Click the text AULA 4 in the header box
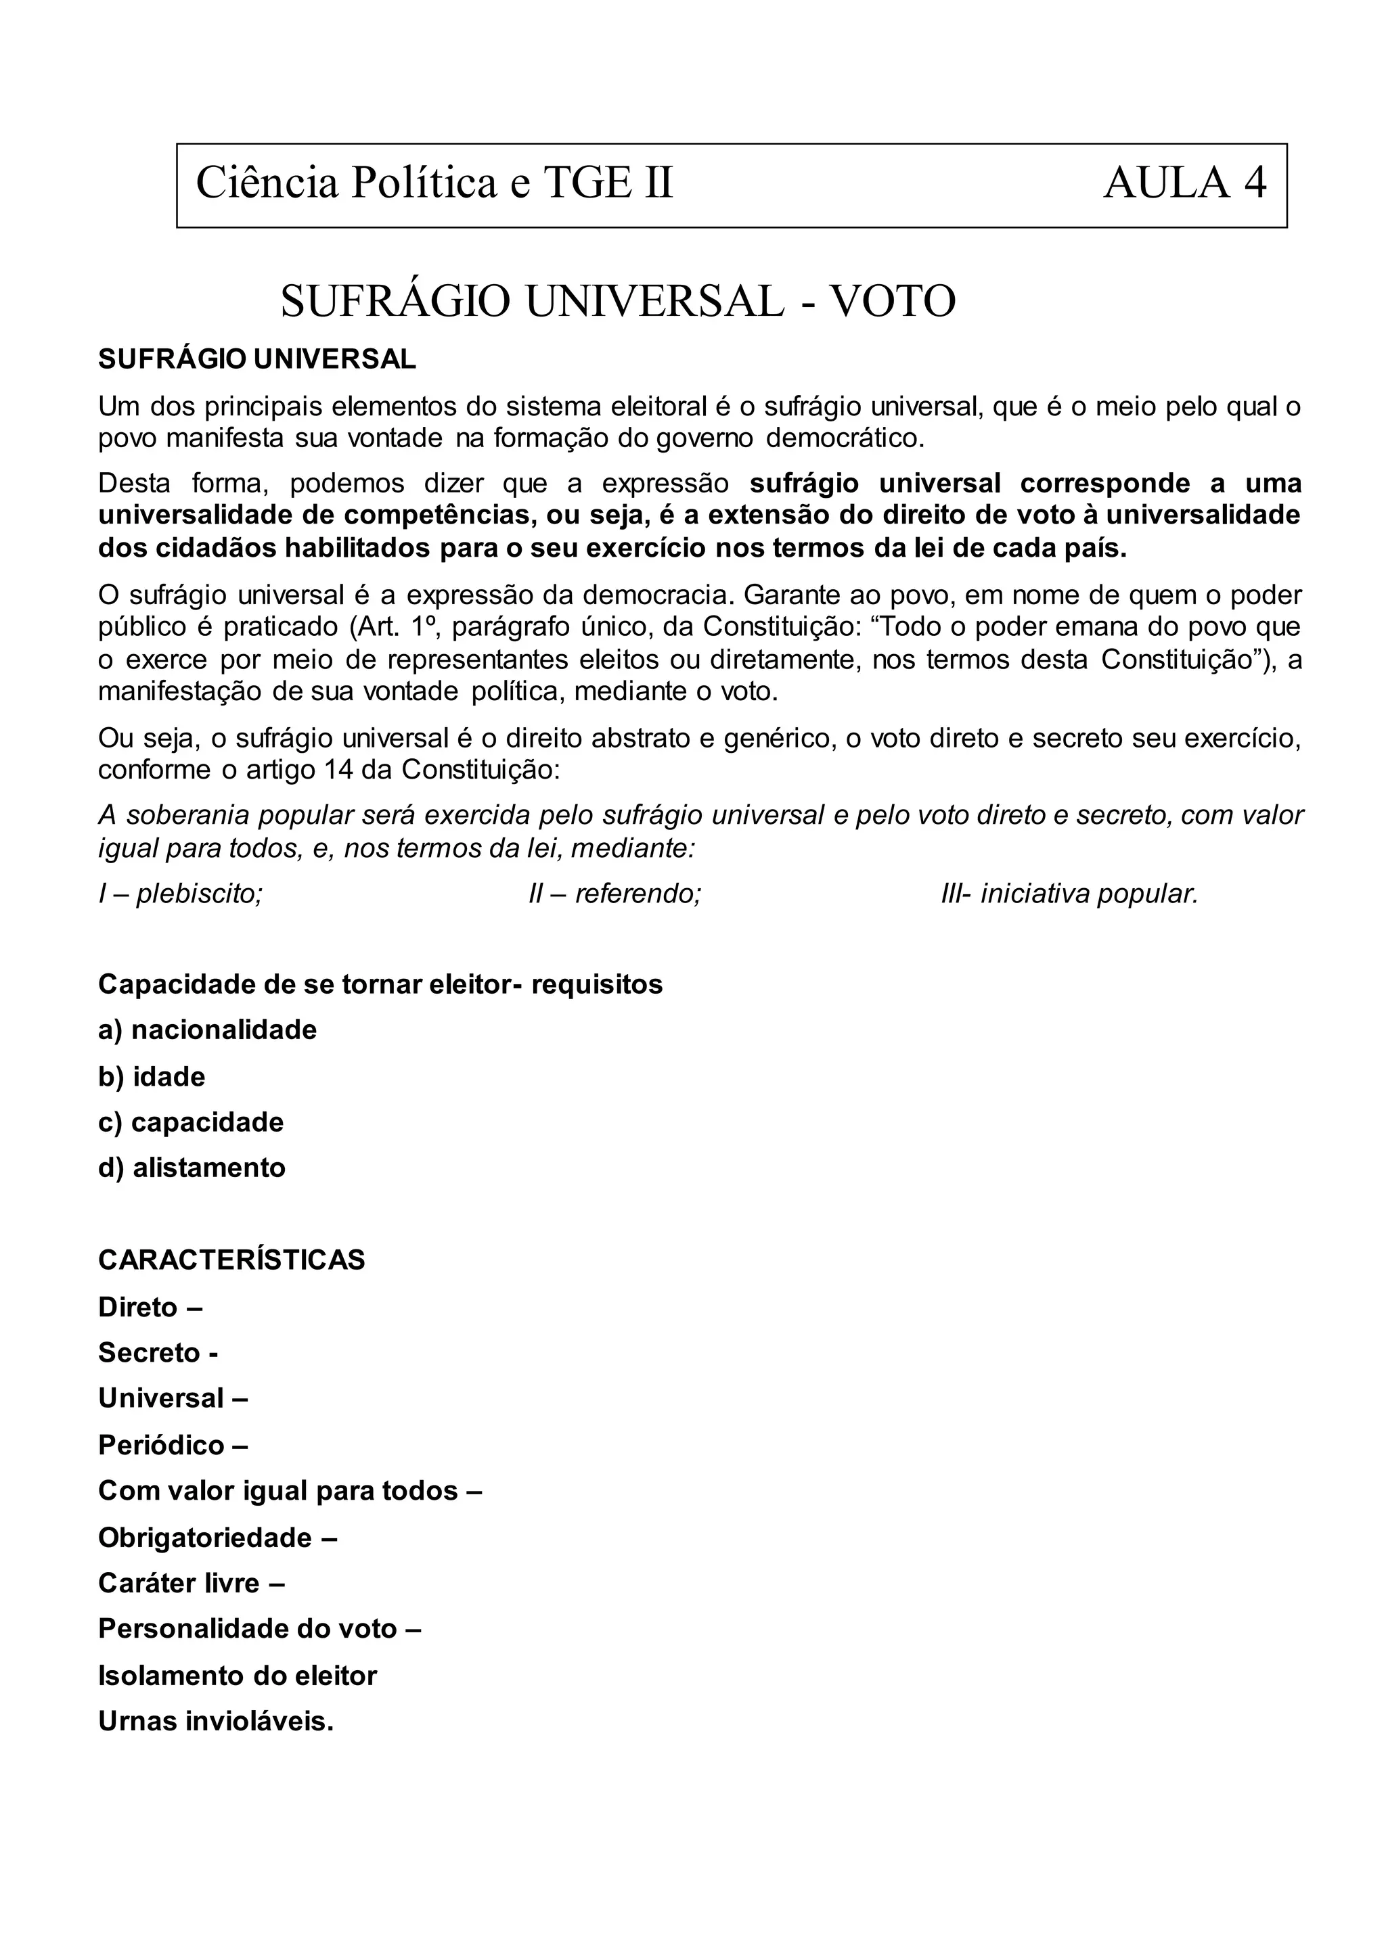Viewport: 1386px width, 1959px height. [x=1184, y=183]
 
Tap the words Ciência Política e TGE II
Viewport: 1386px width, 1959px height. [x=434, y=183]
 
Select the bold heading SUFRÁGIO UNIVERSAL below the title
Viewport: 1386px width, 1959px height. [x=257, y=359]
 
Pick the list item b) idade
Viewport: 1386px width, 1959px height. [x=152, y=1077]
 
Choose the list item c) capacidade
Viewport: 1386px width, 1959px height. [x=190, y=1122]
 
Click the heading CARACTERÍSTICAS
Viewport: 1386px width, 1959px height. [x=231, y=1260]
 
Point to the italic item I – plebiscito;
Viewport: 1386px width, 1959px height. [x=180, y=894]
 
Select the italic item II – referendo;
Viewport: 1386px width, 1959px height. [x=614, y=894]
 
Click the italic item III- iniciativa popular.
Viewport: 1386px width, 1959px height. [x=1069, y=894]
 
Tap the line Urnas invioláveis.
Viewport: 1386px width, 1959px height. [x=216, y=1722]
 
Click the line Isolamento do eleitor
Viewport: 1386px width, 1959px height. [x=238, y=1676]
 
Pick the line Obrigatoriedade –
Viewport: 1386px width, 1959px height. [x=218, y=1538]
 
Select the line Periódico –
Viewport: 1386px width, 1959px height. [x=173, y=1446]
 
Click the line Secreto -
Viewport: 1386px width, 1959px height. [x=158, y=1352]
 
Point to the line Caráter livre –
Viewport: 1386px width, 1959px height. [x=191, y=1583]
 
